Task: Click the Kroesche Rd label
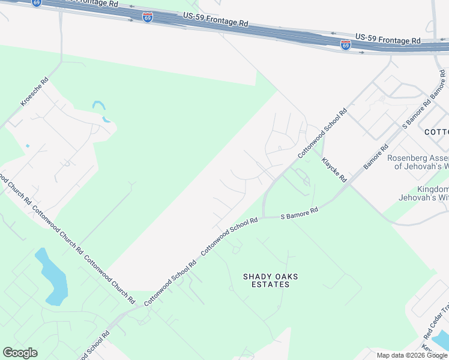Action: (x=35, y=92)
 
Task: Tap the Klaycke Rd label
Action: (x=334, y=170)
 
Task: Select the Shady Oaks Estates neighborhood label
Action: (x=270, y=280)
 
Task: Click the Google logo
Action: (x=20, y=353)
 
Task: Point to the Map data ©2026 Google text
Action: (x=411, y=355)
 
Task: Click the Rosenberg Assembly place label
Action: (x=418, y=162)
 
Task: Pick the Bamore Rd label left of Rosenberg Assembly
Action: (x=376, y=156)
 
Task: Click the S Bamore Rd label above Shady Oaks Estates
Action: (x=299, y=213)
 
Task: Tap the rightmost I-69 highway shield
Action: (x=345, y=45)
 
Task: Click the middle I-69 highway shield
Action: (x=148, y=17)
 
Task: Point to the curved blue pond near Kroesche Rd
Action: (x=101, y=111)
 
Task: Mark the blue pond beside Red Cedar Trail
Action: (x=441, y=339)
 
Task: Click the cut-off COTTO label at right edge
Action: (x=436, y=132)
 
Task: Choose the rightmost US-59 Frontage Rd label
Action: (x=388, y=38)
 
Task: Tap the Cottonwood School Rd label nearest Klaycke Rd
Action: (x=323, y=133)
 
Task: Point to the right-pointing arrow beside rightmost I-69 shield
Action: (x=361, y=52)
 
